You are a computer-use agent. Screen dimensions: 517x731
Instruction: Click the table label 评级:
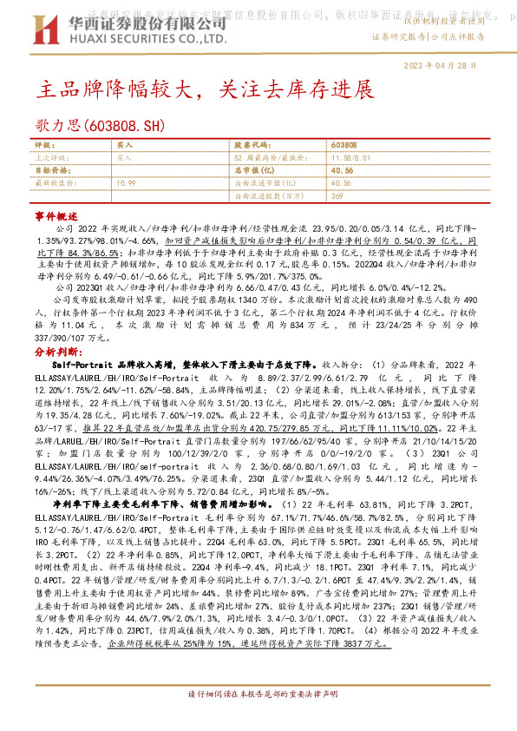click(44, 145)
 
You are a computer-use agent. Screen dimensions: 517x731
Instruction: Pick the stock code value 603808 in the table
click(344, 145)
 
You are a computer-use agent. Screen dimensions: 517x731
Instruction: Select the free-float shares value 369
click(337, 196)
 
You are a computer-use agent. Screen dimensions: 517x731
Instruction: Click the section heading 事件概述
click(50, 213)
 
